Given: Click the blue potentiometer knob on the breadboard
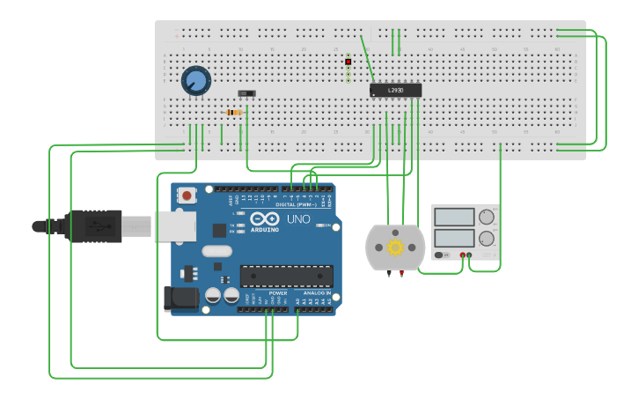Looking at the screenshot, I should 195,81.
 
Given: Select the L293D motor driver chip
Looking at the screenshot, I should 395,90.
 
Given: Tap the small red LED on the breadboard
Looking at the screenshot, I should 348,63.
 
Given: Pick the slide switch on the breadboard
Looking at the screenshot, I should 247,93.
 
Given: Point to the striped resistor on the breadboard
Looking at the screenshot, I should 233,113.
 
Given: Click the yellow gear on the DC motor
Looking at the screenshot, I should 395,248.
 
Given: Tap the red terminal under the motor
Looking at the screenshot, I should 401,274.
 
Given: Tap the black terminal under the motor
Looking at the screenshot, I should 388,274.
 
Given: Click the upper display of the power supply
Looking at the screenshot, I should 454,217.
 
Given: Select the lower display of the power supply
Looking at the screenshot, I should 454,238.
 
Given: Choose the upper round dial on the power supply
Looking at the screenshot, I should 486,217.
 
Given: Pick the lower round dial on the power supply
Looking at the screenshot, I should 486,238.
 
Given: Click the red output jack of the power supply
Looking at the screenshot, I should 461,255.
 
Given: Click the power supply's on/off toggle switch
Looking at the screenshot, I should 439,255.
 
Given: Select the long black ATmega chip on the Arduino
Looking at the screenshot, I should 287,276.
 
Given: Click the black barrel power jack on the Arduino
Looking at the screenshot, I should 182,299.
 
